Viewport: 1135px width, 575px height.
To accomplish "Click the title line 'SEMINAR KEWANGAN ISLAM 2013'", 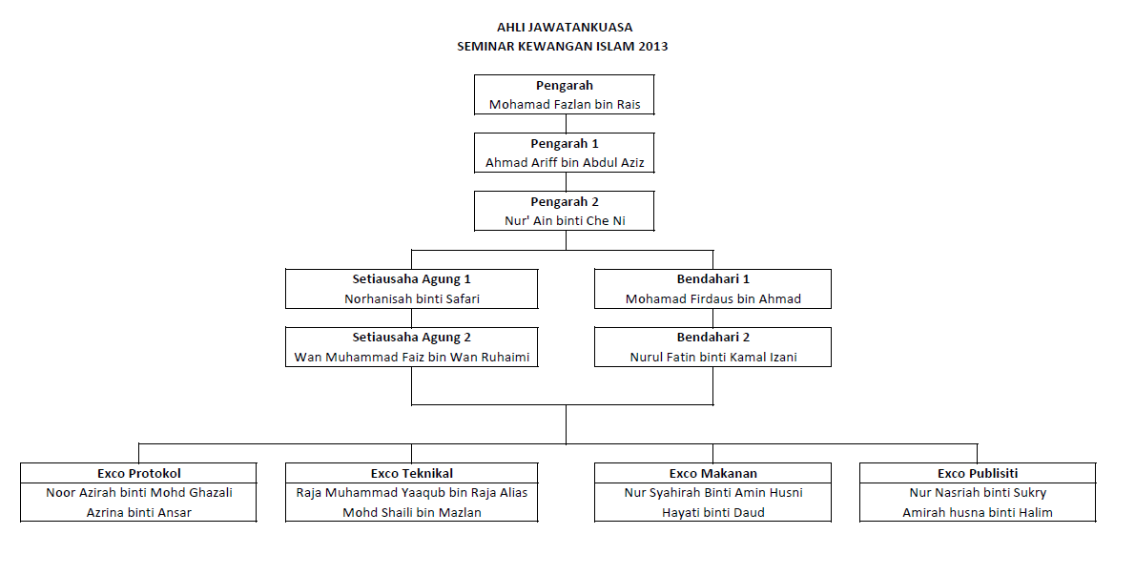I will pos(565,46).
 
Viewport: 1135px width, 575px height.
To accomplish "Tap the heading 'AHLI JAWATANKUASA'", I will pos(565,28).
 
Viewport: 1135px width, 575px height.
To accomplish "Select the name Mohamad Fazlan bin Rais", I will pos(565,105).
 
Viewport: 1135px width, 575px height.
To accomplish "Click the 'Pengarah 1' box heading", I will pos(565,144).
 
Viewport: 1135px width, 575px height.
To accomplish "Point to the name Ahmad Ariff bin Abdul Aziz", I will pos(565,163).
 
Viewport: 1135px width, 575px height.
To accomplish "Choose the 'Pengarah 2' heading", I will pos(565,202).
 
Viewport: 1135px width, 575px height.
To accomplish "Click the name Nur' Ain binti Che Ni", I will pos(565,221).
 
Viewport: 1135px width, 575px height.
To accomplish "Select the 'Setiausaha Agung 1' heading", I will pos(411,279).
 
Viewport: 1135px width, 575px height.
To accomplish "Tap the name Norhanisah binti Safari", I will pos(411,299).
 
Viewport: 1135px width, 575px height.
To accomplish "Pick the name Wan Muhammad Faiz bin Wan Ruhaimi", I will pos(411,358).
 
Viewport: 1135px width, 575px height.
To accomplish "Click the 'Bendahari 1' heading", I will pos(712,279).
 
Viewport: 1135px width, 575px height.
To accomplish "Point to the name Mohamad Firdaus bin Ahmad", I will pos(712,299).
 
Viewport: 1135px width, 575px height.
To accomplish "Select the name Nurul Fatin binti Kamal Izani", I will pos(712,358).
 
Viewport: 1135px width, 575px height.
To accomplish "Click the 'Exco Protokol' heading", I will pos(138,474).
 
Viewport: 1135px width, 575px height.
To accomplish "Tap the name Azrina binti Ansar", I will pos(138,513).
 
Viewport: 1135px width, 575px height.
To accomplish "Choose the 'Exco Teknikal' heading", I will pos(411,474).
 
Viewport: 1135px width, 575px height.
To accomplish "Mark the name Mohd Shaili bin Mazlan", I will pos(411,513).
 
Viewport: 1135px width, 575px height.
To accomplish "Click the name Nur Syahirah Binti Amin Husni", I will pos(712,493).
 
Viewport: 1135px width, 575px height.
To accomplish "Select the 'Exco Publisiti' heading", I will pos(978,474).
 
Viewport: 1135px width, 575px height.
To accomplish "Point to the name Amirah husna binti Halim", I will pos(978,513).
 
